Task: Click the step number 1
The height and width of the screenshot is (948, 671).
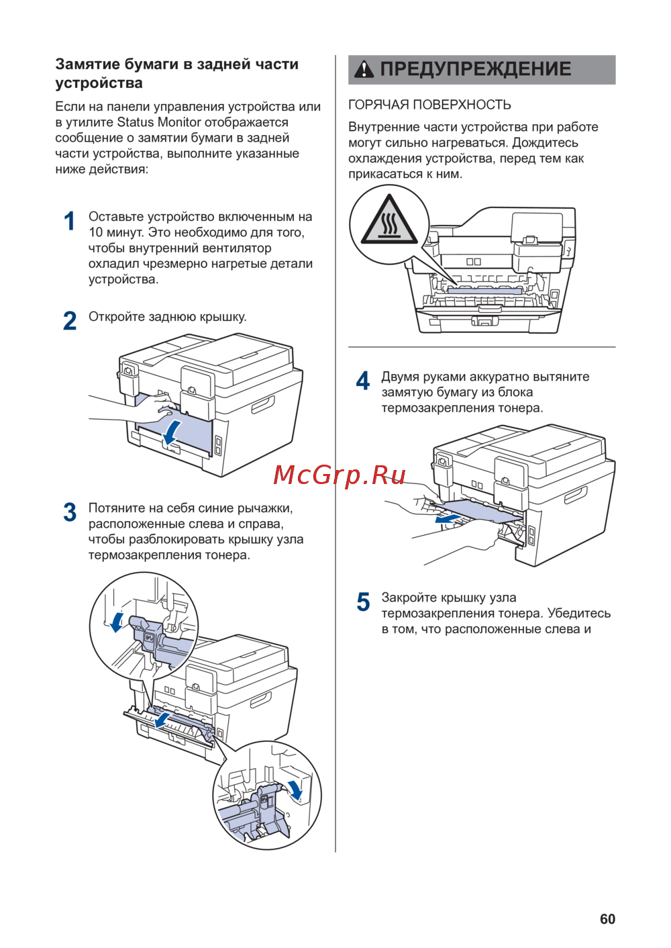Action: point(69,222)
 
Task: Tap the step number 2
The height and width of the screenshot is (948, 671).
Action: point(70,321)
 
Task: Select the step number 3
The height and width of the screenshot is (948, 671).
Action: point(70,512)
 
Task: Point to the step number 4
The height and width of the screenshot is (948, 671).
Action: point(362,381)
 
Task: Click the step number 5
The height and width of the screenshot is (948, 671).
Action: point(363,602)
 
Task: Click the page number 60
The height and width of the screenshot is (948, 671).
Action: point(607,919)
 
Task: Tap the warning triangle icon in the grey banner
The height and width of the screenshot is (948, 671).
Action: point(364,69)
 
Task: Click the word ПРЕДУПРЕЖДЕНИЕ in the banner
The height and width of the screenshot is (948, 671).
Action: point(476,69)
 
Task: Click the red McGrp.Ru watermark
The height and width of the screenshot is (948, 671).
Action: point(340,475)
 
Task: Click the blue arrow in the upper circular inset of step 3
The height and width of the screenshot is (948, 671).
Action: point(118,621)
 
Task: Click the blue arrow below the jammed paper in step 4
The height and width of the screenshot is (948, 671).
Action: point(448,519)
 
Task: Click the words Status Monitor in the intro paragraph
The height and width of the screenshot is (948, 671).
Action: point(159,122)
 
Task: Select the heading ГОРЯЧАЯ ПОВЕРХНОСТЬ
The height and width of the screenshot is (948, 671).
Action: point(429,105)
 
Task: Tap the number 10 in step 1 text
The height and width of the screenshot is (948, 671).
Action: point(96,232)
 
